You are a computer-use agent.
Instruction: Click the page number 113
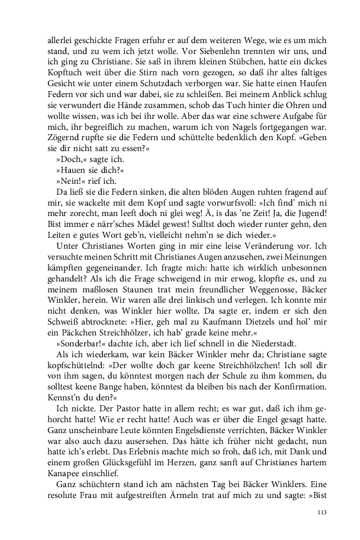coord(321,512)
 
